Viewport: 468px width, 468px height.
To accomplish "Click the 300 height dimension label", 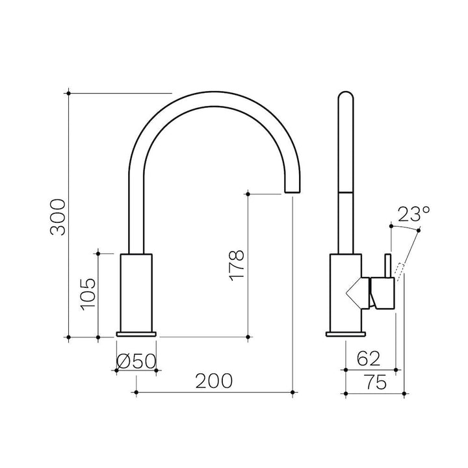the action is pos(58,217).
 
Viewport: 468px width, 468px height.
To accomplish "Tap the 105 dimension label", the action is pos(88,294).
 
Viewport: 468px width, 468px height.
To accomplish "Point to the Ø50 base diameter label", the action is pos(136,361).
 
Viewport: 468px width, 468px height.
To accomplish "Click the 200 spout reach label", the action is pos(214,381).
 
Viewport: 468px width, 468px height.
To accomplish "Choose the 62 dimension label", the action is pos(369,358).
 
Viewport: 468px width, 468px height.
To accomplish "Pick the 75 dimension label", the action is pos(376,382).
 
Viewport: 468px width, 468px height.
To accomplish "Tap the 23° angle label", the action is pos(413,214).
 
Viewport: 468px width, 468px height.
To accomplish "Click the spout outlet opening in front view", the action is pos(292,192).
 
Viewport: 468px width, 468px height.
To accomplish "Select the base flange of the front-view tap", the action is pos(136,334).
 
